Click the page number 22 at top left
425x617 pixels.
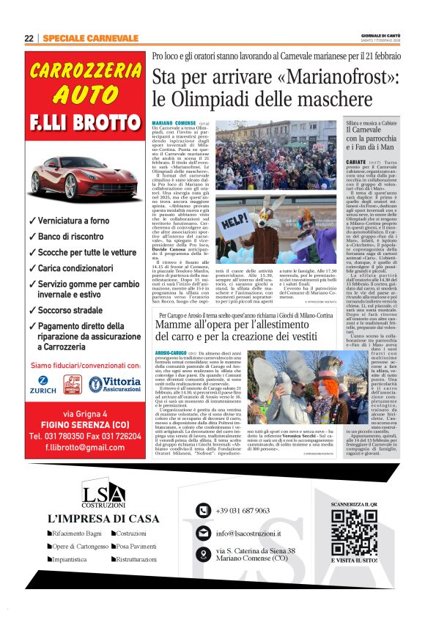[x=29, y=38]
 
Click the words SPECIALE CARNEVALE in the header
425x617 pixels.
[x=90, y=38]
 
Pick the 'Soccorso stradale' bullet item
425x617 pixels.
[x=70, y=311]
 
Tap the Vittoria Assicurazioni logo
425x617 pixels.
[x=114, y=384]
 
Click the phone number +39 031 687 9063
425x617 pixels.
[x=243, y=511]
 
